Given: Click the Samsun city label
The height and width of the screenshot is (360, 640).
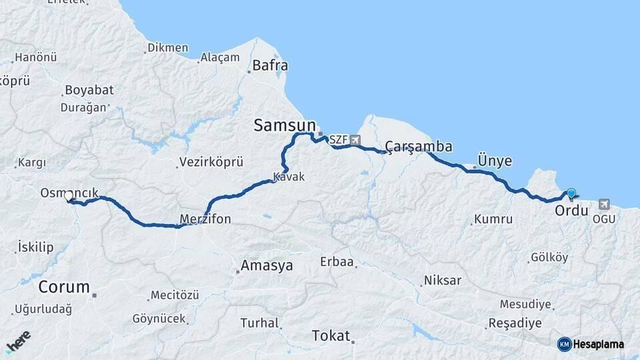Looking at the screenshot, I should click(x=284, y=125).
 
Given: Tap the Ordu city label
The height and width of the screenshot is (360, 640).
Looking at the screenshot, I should click(x=571, y=211).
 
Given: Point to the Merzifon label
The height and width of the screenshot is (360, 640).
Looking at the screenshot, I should click(x=205, y=219).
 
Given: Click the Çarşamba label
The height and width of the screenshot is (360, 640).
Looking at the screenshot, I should click(x=419, y=147).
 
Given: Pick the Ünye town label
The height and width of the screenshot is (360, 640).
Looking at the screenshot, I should click(x=495, y=161).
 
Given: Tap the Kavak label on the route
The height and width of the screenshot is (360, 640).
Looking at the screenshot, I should click(x=289, y=177).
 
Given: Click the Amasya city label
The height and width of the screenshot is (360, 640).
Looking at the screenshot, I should click(x=267, y=265).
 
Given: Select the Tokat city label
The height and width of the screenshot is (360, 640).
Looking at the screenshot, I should click(x=331, y=336).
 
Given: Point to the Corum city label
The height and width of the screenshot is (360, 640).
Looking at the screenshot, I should click(x=64, y=287).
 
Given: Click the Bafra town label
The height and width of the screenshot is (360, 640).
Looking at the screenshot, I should click(x=270, y=65).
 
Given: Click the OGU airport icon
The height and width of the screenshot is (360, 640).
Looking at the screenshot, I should click(x=604, y=204).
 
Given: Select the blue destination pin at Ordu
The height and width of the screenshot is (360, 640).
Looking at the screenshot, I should click(x=571, y=193).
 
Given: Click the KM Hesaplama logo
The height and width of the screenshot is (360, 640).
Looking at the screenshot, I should click(x=591, y=344).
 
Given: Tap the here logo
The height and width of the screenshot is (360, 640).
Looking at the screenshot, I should click(x=18, y=341).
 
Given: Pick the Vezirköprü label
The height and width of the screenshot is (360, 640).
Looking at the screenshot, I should click(x=211, y=163).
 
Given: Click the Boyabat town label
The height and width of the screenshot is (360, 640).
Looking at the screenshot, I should click(x=89, y=90).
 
